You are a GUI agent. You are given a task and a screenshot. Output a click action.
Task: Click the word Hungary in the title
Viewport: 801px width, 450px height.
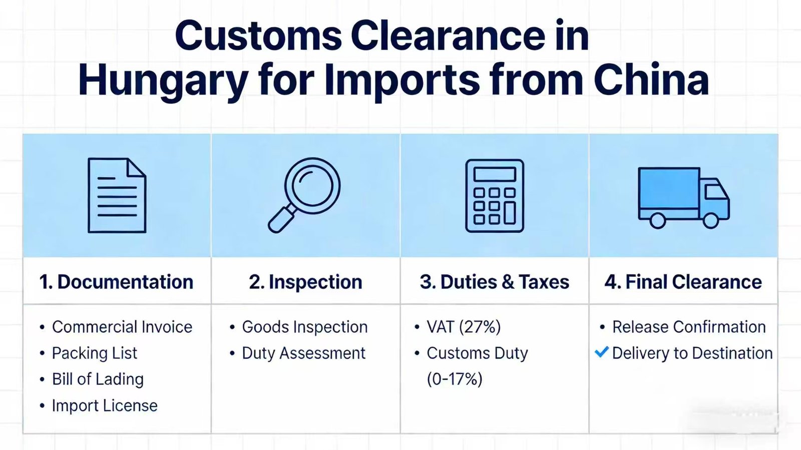163,80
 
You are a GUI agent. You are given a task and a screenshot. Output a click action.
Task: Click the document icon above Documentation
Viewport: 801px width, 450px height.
117,195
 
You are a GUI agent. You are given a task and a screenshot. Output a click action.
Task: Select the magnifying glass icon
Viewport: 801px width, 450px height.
304,195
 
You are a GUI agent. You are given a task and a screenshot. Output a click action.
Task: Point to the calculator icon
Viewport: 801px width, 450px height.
495,196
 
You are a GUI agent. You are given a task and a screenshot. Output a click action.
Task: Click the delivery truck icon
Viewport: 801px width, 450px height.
684,198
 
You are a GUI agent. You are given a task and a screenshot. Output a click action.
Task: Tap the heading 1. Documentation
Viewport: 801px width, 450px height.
117,282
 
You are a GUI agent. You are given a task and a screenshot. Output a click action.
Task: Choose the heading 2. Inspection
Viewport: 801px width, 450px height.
305,282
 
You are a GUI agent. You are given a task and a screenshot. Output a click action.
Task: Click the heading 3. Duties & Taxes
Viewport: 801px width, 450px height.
494,282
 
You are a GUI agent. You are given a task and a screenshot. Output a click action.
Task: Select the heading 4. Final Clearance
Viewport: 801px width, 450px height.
683,282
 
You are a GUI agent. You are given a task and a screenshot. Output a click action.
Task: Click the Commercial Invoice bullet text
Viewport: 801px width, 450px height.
122,327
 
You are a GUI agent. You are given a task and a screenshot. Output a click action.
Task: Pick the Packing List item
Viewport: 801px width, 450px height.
95,353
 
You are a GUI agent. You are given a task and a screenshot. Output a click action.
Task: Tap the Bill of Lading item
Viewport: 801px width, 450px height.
98,379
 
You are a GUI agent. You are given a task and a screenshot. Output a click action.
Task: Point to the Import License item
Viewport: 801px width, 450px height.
105,405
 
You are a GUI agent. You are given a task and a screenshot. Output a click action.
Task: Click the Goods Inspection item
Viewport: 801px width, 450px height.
305,327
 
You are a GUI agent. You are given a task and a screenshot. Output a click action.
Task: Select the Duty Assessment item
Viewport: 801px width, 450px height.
303,353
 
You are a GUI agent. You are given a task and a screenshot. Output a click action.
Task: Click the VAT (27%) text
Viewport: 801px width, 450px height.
464,327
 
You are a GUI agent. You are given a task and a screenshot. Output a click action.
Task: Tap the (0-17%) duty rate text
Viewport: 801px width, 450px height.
455,379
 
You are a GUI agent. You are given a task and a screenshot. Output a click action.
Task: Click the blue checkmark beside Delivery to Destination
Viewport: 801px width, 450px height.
601,352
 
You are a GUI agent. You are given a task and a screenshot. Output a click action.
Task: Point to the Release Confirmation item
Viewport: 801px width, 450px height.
689,327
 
